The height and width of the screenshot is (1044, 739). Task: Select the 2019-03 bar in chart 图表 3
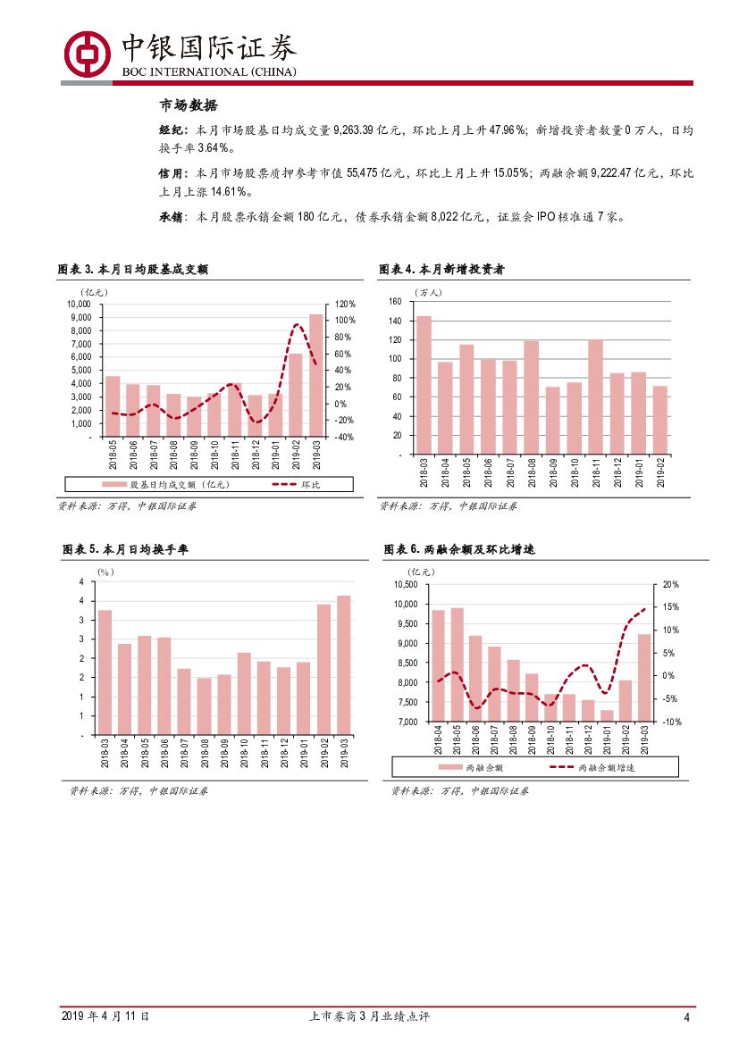(316, 375)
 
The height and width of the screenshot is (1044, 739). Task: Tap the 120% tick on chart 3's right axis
(346, 304)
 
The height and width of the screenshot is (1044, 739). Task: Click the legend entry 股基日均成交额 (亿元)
(170, 484)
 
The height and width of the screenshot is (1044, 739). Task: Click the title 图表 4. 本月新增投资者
(441, 269)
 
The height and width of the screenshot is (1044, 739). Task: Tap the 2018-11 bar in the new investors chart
(596, 397)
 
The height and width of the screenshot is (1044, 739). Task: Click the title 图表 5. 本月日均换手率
(125, 549)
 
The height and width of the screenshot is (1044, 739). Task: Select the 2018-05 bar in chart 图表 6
(458, 664)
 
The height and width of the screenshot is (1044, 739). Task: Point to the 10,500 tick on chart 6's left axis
(406, 584)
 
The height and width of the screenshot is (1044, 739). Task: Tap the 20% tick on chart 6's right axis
(670, 584)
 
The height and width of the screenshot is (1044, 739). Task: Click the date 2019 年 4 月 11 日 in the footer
(105, 1016)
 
